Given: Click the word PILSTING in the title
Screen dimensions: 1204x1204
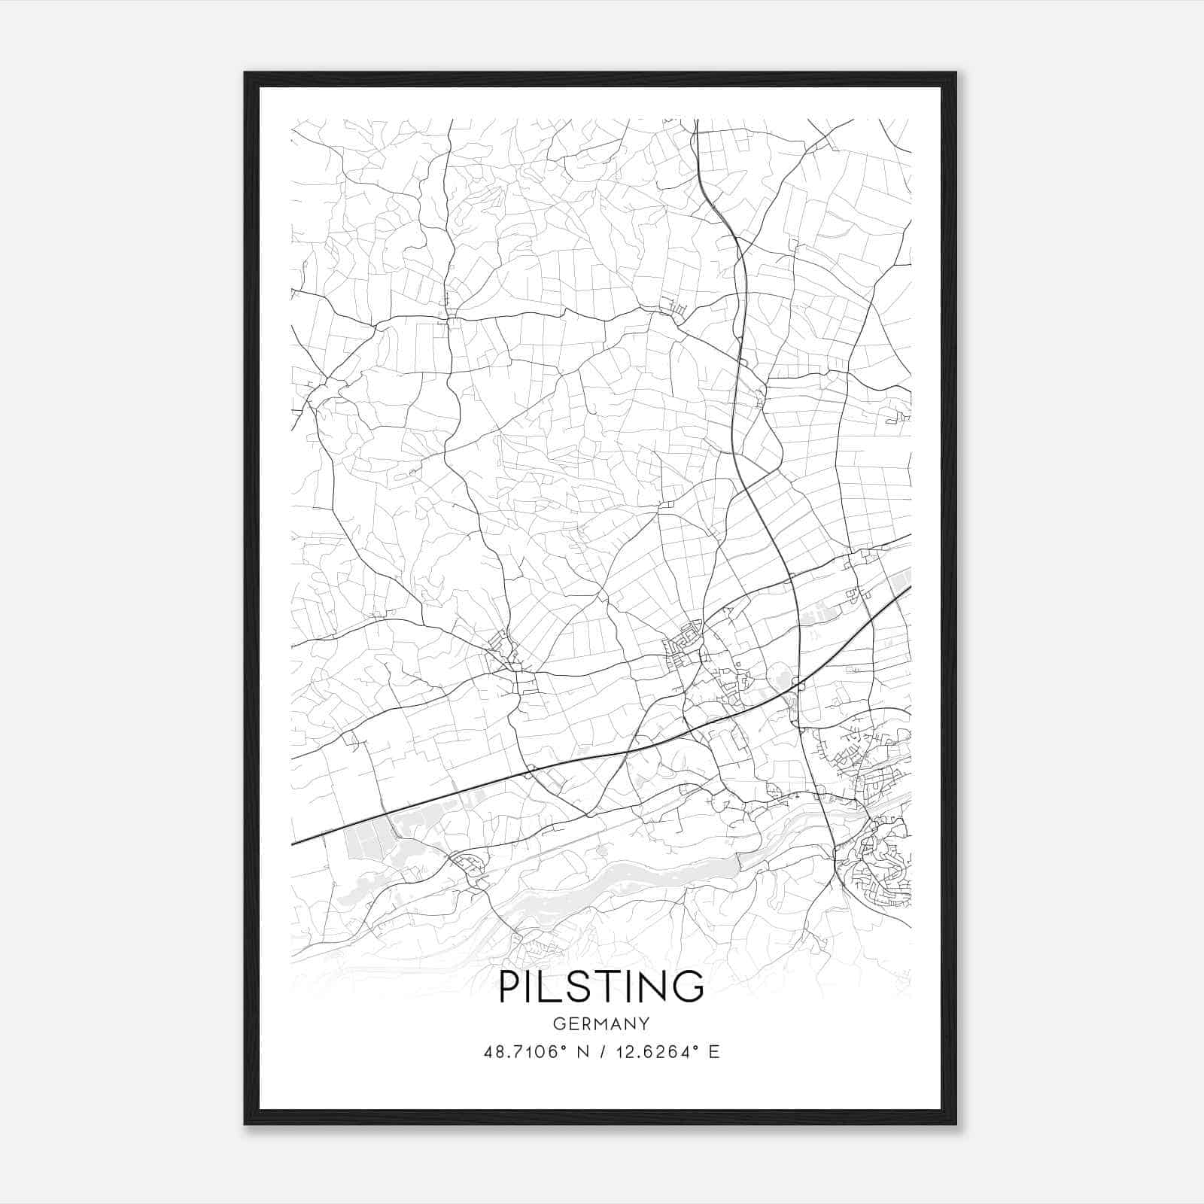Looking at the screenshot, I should tap(601, 987).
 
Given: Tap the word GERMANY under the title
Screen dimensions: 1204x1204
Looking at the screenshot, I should tap(601, 1024).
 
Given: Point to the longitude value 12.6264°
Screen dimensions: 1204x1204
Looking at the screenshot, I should tap(656, 1052).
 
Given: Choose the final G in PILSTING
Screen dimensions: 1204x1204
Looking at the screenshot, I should tap(688, 987).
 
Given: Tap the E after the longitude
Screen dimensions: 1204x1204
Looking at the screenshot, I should tap(714, 1052).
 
